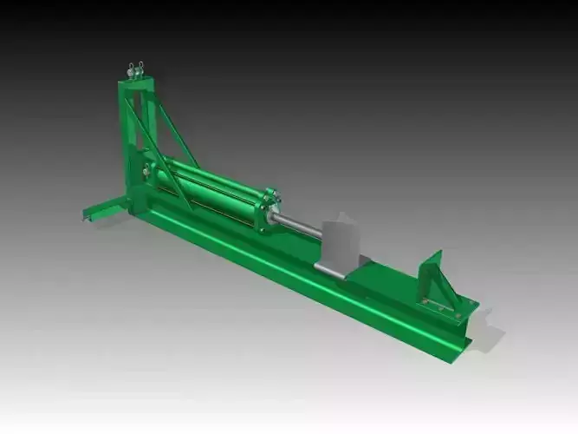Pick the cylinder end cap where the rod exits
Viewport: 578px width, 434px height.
[x=268, y=211]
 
